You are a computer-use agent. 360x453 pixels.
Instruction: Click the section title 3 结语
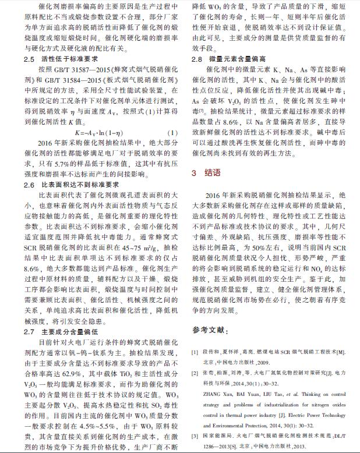coord(206,173)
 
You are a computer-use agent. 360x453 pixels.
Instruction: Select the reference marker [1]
coord(195,352)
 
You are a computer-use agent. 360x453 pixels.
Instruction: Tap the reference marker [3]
coord(195,435)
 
